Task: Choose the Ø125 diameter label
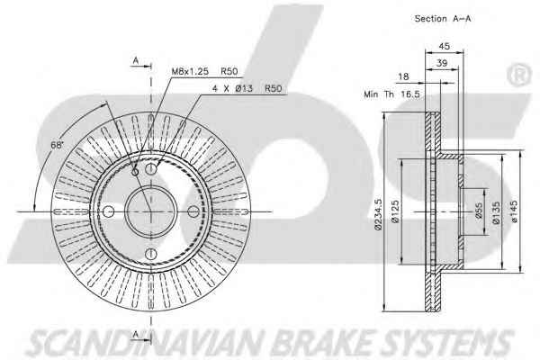tap(395, 215)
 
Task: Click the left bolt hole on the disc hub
tap(108, 211)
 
